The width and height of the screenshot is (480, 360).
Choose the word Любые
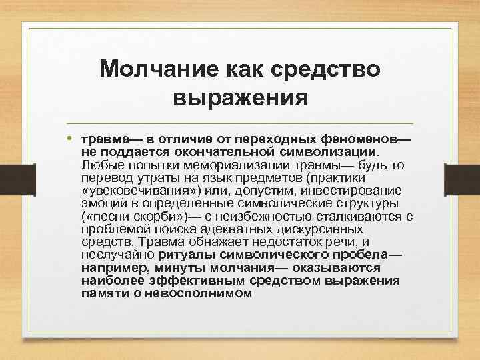click(x=98, y=165)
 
